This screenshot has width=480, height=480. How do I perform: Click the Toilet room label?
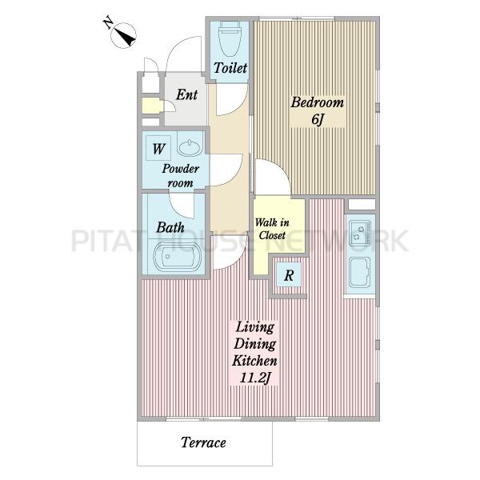click(x=230, y=68)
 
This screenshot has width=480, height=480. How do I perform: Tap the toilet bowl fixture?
click(x=230, y=39)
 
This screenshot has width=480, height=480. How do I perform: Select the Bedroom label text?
click(x=317, y=102)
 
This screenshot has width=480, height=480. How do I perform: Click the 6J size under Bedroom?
click(x=318, y=120)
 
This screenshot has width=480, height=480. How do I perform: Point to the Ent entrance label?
click(x=186, y=94)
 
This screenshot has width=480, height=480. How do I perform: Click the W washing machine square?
click(x=158, y=148)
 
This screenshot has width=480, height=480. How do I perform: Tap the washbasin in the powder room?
click(x=190, y=147)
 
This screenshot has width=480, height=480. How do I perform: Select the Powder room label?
click(x=181, y=176)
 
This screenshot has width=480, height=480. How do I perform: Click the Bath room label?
click(x=170, y=227)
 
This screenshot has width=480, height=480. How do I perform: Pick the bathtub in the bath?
click(x=177, y=256)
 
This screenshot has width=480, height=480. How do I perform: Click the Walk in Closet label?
click(x=272, y=229)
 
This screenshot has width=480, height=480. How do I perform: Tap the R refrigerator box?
click(x=289, y=275)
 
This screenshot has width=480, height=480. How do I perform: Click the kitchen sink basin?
click(x=360, y=272)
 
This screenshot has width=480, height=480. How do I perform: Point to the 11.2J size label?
click(x=254, y=378)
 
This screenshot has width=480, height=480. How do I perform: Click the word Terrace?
click(x=203, y=442)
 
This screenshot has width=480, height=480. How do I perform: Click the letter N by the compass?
click(x=107, y=23)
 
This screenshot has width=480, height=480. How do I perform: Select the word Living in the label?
click(x=255, y=328)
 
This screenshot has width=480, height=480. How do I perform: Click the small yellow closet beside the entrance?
click(x=151, y=106)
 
